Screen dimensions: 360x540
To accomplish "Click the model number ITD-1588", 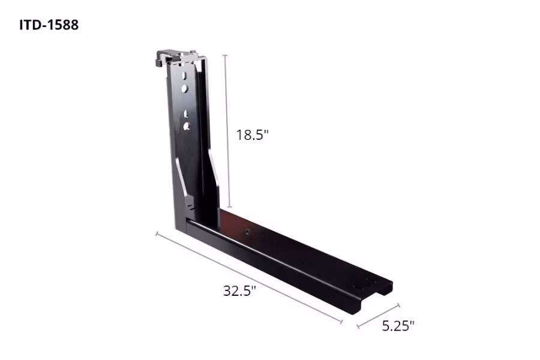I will (x=49, y=26).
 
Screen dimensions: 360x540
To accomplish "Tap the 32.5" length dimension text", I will (x=239, y=291).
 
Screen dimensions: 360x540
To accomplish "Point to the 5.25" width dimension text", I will (x=398, y=326).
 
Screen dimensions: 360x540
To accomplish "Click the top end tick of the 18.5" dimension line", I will (x=226, y=55).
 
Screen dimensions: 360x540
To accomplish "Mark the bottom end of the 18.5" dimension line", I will (x=228, y=206).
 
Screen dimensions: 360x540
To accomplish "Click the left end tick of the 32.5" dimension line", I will (x=157, y=233).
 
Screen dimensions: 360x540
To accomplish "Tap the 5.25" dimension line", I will (x=378, y=317).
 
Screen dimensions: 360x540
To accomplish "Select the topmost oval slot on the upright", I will (x=186, y=76).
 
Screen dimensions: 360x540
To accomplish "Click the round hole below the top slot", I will (x=185, y=89).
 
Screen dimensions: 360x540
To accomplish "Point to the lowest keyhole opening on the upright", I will (x=187, y=125).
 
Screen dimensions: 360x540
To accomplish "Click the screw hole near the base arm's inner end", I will (x=247, y=230).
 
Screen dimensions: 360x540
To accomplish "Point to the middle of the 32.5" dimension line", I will (x=249, y=278).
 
